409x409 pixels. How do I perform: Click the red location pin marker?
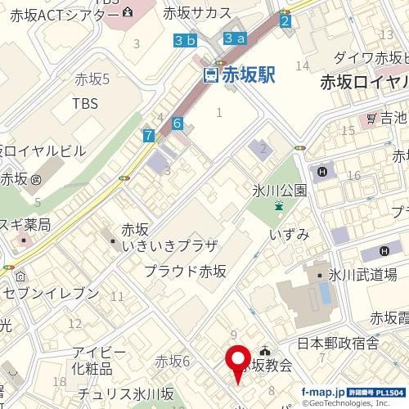[238, 361]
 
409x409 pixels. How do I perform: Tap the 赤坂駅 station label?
[246, 75]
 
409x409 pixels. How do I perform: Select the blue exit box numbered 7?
[148, 136]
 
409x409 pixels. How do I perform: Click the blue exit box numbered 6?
[177, 123]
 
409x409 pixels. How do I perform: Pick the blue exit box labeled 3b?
[186, 39]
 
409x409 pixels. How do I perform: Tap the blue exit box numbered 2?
[285, 21]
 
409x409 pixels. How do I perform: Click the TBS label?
[84, 104]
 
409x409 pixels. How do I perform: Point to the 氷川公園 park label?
[279, 191]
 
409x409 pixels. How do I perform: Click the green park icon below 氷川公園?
[279, 207]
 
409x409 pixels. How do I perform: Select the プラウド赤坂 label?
[185, 271]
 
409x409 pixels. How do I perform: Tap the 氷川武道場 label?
[362, 275]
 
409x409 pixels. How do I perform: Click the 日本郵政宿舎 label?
[337, 344]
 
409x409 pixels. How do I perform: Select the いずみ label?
[290, 235]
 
